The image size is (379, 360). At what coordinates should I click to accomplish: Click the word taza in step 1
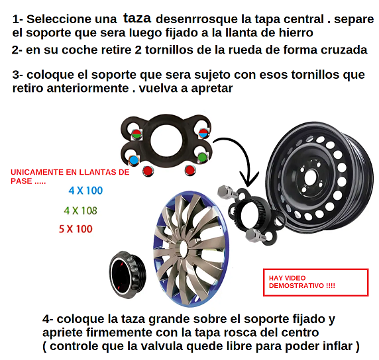[x=137, y=18]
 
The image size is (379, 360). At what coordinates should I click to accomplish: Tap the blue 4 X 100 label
[x=85, y=191]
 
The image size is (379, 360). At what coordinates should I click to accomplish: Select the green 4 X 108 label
[x=80, y=211]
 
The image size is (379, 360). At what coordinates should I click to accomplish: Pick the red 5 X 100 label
[x=76, y=229]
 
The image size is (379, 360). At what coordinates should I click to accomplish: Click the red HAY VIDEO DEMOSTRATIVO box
[x=315, y=282]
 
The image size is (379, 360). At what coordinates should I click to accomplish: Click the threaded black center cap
[x=128, y=275]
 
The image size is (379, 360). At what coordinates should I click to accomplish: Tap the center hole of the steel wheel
[x=310, y=178]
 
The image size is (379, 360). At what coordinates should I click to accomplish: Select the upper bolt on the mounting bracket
[x=227, y=193]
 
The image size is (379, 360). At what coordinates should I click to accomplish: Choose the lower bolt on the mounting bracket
[x=256, y=235]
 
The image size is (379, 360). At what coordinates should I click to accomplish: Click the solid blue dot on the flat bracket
[x=133, y=160]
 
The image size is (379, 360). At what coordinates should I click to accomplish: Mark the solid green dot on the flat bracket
[x=202, y=157]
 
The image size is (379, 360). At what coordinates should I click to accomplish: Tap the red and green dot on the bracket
[x=136, y=134]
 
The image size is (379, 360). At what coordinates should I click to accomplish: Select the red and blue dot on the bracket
[x=203, y=133]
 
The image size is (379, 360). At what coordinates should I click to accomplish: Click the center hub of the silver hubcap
[x=183, y=249]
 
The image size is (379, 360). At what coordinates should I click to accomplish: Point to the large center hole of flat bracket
[x=166, y=140]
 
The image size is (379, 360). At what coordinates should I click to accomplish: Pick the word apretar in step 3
[x=212, y=89]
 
